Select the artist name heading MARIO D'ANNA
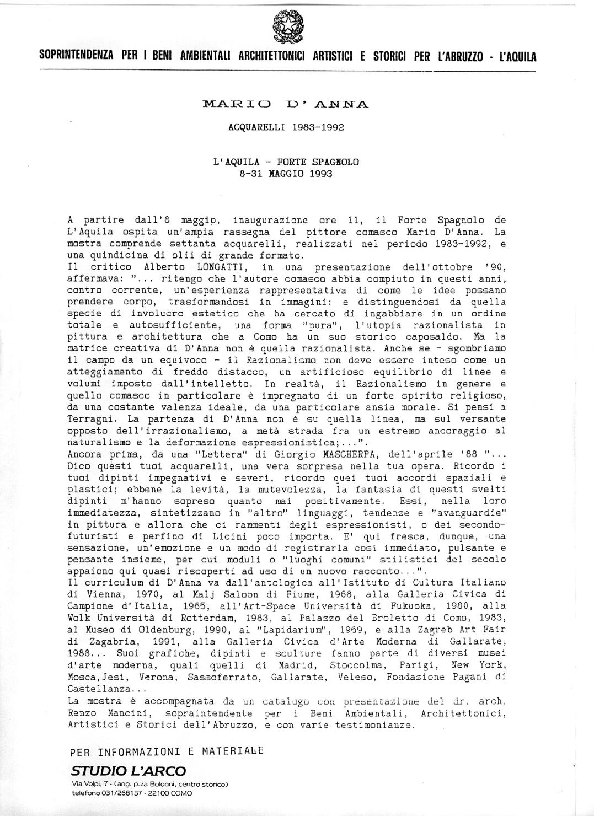[x=286, y=104]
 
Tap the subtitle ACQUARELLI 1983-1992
[x=286, y=127]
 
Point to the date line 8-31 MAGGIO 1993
[x=286, y=173]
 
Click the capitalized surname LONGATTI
[x=185, y=268]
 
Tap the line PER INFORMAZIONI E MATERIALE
[x=167, y=751]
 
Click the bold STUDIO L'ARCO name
[x=128, y=771]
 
